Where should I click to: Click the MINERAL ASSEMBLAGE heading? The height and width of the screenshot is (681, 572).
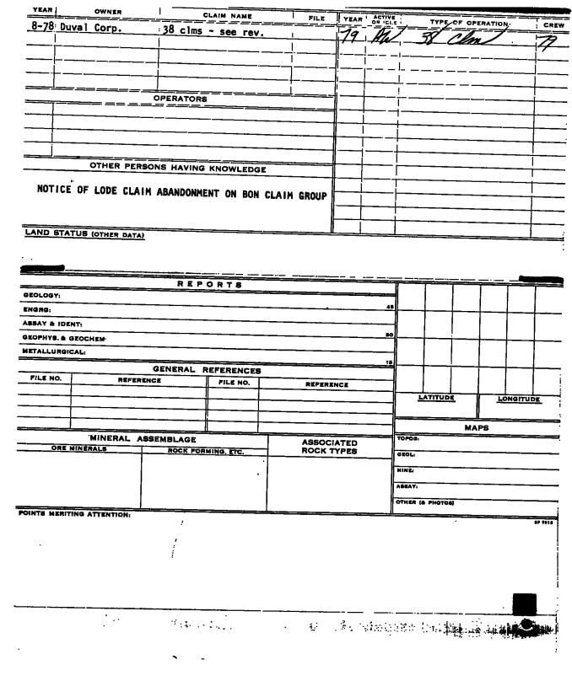coord(143,439)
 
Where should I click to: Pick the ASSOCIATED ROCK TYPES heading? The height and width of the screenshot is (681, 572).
coord(330,447)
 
